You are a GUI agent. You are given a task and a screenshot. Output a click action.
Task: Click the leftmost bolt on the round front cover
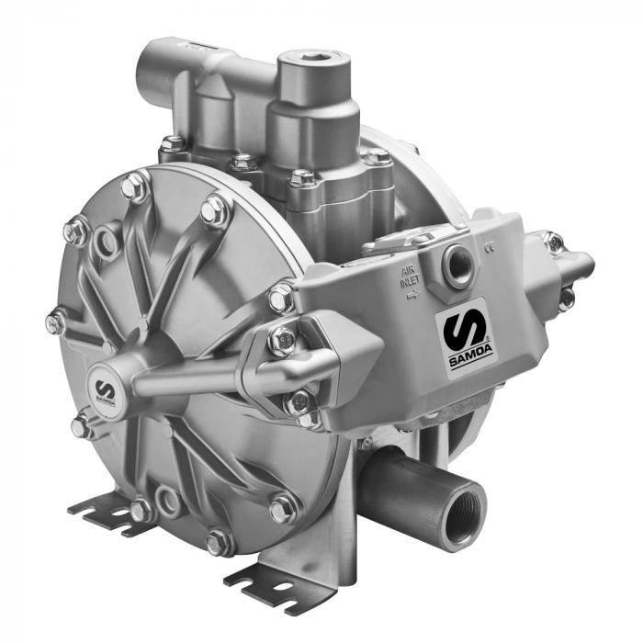click(56, 322)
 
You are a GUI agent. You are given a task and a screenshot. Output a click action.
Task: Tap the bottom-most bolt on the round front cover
click(219, 543)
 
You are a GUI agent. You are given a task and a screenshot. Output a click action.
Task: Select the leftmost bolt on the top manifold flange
click(171, 145)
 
